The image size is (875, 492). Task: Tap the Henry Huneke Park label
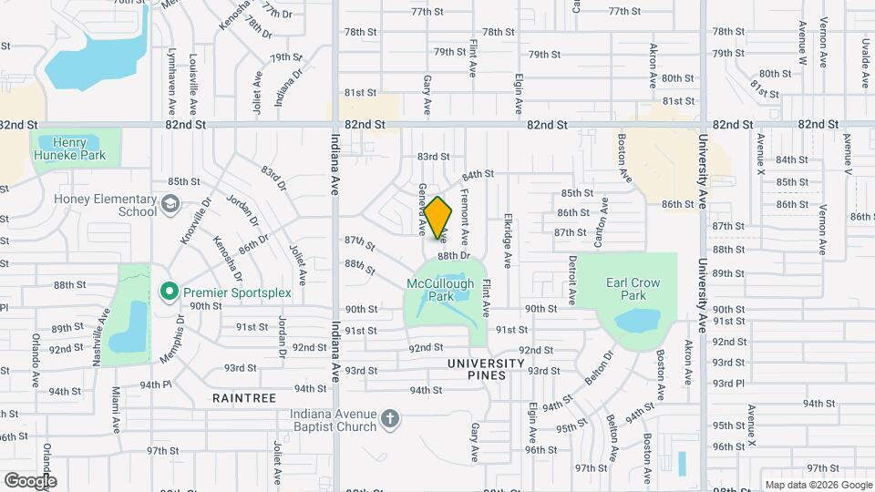pyautogui.click(x=76, y=149)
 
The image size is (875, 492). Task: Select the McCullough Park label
pyautogui.click(x=440, y=290)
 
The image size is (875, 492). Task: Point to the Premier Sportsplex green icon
pyautogui.click(x=169, y=292)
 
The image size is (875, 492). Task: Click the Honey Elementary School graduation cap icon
pyautogui.click(x=170, y=202)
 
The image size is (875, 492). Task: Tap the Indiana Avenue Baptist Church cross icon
pyautogui.click(x=389, y=418)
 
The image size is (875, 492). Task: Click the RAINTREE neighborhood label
pyautogui.click(x=243, y=398)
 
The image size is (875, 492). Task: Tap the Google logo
pyautogui.click(x=30, y=481)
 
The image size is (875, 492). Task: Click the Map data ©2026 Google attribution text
pyautogui.click(x=818, y=485)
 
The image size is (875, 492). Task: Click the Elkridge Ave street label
pyautogui.click(x=508, y=241)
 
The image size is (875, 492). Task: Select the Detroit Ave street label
pyautogui.click(x=572, y=279)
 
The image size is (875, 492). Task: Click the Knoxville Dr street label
pyautogui.click(x=190, y=221)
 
